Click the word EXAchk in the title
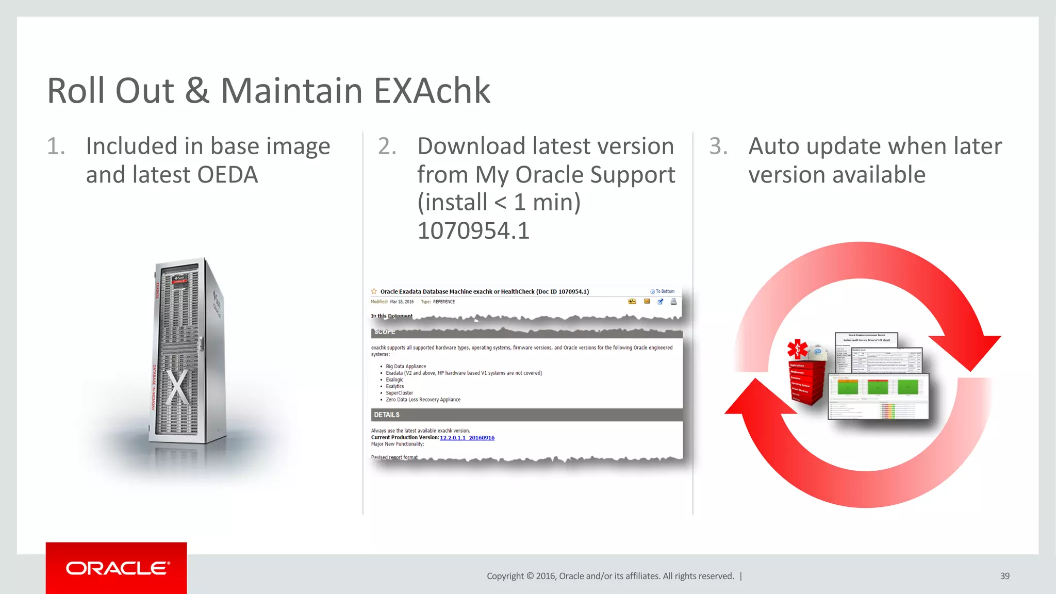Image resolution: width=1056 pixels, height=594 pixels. [432, 91]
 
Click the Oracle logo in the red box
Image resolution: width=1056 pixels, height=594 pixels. [117, 568]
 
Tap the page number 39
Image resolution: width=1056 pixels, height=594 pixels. [1004, 576]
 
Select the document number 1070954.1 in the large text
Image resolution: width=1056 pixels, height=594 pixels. [473, 230]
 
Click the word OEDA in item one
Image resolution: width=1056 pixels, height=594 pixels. [227, 175]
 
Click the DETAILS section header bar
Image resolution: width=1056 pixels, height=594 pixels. [526, 415]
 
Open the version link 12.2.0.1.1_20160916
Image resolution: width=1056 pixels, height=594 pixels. [467, 438]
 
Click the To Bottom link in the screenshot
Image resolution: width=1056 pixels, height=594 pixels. [664, 291]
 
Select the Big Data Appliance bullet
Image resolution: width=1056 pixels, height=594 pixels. [406, 367]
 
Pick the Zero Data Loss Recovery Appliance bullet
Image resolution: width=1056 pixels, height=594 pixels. [423, 400]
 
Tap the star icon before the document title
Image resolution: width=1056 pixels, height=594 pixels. [374, 291]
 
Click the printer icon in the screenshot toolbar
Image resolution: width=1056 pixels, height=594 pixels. [673, 302]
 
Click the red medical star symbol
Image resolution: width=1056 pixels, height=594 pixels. [797, 349]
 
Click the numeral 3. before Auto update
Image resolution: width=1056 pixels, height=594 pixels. [718, 146]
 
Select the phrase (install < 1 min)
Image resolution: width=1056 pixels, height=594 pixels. [499, 202]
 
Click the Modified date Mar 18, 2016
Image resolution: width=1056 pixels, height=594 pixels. [402, 302]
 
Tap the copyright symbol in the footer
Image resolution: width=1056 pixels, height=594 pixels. [530, 576]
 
